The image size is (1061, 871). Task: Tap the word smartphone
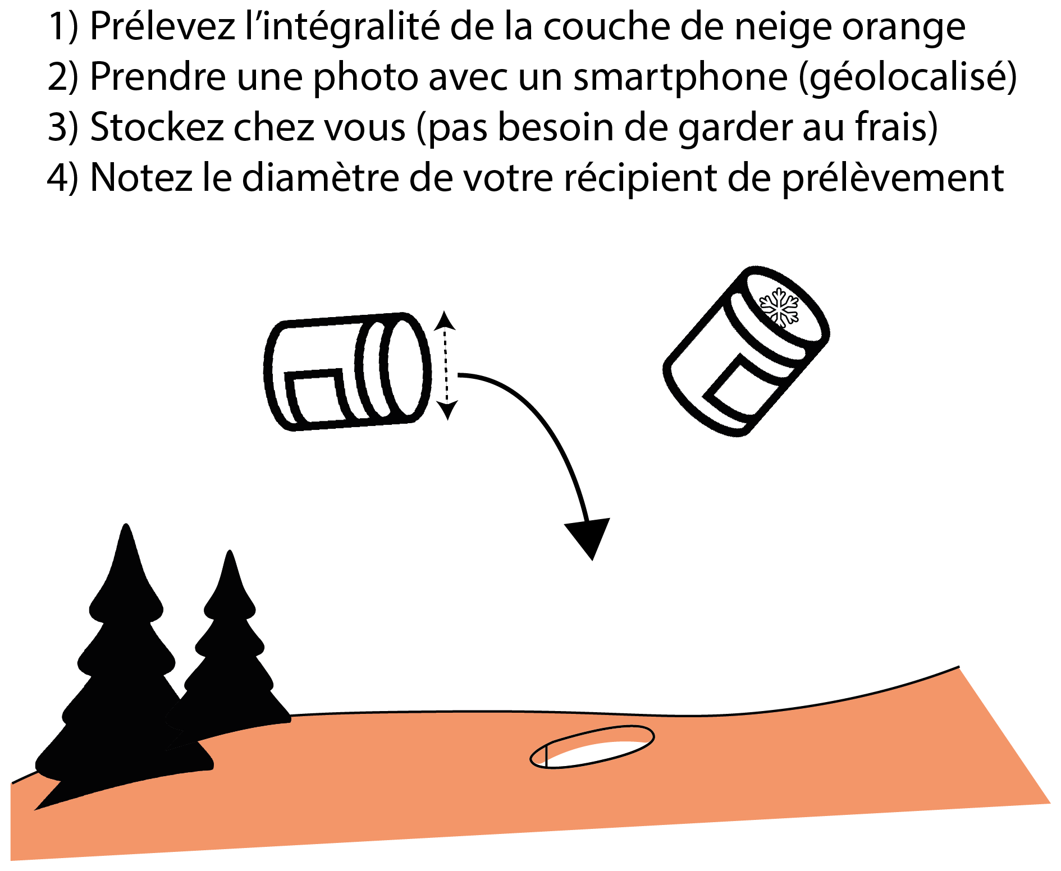pyautogui.click(x=680, y=77)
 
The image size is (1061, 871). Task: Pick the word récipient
pyautogui.click(x=640, y=178)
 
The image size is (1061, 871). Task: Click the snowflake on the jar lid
pyautogui.click(x=779, y=308)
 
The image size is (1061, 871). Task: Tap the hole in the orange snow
pyautogui.click(x=592, y=747)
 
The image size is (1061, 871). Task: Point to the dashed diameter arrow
pyautogui.click(x=446, y=365)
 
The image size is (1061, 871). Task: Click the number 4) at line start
pyautogui.click(x=62, y=178)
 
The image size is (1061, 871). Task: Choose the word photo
pyautogui.click(x=365, y=78)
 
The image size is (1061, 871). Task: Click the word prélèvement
pyautogui.click(x=893, y=178)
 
